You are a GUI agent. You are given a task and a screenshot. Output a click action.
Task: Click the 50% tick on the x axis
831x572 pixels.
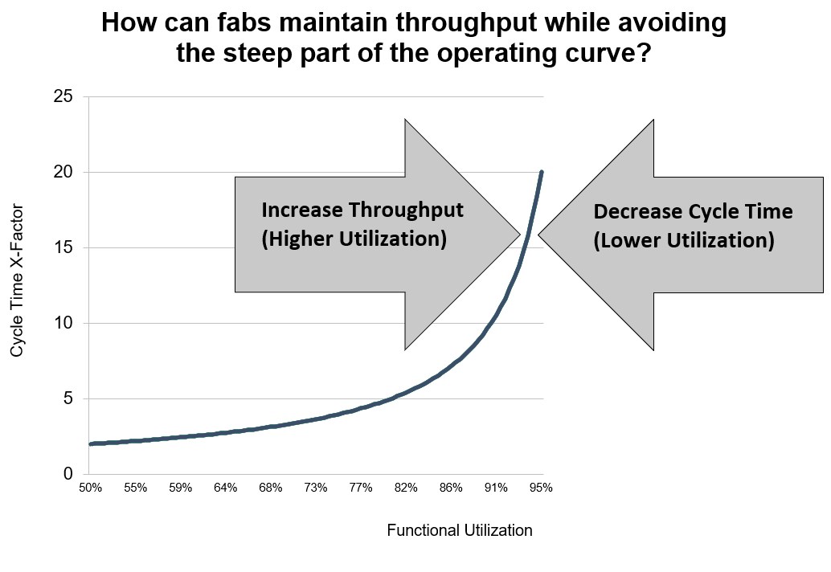coord(89,488)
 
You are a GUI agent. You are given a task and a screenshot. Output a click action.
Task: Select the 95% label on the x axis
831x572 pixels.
coord(542,488)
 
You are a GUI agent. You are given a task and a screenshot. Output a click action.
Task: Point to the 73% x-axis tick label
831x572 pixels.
coord(315,488)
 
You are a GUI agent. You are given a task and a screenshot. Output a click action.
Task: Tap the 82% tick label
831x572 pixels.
coord(406,488)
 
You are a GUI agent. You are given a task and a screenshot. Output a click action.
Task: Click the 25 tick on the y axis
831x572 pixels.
coord(63,97)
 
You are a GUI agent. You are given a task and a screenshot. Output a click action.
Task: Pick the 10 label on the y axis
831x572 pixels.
coord(63,324)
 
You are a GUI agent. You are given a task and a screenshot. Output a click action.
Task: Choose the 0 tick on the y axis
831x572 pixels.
coord(68,475)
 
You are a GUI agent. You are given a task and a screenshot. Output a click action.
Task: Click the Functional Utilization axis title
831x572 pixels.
coord(460,530)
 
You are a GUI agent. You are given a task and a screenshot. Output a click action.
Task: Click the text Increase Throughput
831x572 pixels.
coord(362,210)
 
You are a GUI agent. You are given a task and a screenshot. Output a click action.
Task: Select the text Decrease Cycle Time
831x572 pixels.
coord(693,212)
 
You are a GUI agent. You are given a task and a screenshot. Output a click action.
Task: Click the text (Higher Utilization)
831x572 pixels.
coord(354,239)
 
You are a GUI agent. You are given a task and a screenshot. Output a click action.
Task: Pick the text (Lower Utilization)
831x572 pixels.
coord(683,241)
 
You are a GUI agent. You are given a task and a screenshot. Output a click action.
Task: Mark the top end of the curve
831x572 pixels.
coord(542,172)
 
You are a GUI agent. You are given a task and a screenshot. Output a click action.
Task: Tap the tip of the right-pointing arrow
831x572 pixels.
coord(520,235)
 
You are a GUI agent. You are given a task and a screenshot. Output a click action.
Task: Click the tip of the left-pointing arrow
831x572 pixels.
coord(538,235)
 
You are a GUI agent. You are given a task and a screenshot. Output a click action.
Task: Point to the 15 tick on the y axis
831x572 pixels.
coord(63,248)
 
